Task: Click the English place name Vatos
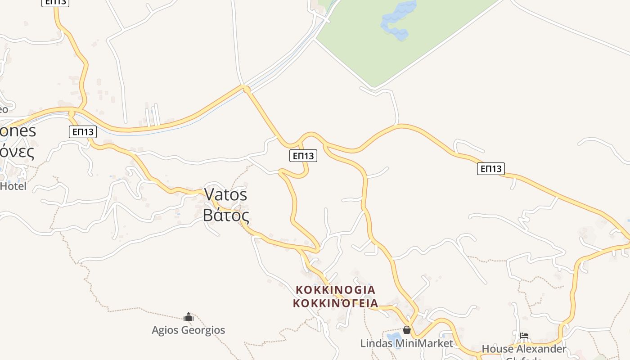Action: point(225,194)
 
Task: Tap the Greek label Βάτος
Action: point(225,215)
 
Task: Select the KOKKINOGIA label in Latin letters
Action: point(335,289)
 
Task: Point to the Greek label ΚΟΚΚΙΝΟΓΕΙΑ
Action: point(335,303)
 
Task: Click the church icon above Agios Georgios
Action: point(188,317)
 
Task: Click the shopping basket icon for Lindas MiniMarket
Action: point(407,330)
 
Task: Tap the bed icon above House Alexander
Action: point(524,336)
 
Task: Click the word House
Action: point(497,349)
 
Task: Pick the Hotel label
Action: point(13,186)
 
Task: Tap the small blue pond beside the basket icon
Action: point(393,337)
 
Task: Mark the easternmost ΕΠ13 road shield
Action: point(490,169)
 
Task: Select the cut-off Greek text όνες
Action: point(17,152)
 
